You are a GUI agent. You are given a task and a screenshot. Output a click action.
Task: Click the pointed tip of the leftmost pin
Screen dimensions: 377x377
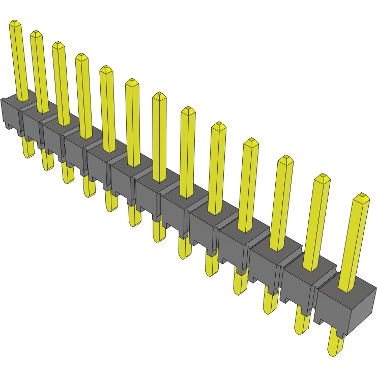tap(15, 23)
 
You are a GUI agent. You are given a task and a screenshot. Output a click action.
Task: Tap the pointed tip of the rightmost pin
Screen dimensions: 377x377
tap(362, 196)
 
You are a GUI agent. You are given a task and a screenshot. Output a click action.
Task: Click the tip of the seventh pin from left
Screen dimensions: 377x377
tap(159, 95)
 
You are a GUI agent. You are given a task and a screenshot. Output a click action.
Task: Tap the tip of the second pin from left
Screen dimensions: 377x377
tap(36, 34)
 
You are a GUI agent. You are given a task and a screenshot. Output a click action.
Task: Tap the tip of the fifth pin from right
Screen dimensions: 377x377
tap(219, 125)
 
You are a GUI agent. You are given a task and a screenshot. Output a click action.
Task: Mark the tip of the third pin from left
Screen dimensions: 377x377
tap(58, 45)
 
